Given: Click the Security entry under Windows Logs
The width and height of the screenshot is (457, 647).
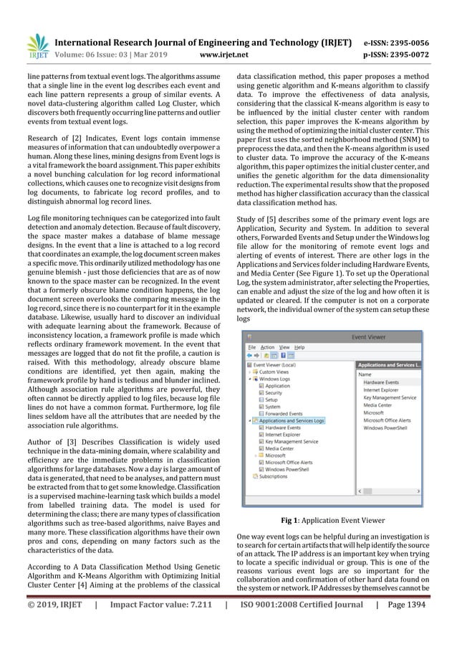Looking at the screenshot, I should point(273,393).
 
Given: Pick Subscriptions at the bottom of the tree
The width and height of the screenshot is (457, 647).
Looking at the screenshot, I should point(273,476).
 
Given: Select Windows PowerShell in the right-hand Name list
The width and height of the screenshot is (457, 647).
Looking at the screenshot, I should point(389,428).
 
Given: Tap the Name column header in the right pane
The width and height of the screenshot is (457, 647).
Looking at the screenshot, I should point(365,374).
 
